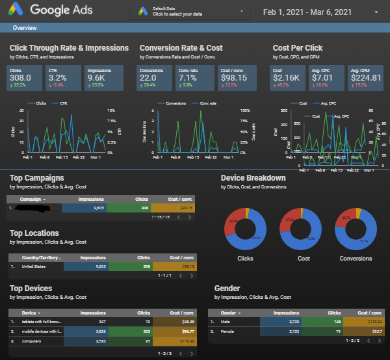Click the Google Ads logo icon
16,10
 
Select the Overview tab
25,28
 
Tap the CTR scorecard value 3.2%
57,77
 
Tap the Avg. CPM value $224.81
365,77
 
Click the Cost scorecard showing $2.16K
286,77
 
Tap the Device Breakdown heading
253,177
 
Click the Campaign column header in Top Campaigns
32,199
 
